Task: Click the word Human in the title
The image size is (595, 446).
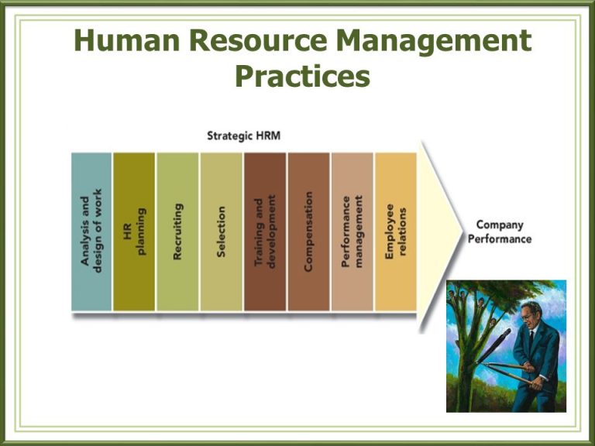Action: [127, 39]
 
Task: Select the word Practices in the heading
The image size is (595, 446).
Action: [302, 76]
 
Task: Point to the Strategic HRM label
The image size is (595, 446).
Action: [243, 136]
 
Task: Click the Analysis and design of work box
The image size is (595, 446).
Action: [91, 232]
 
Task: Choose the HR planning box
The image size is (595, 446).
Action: [134, 232]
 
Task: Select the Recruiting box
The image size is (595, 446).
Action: [177, 232]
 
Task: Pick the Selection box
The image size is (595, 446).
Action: [222, 232]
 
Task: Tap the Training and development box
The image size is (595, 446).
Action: [265, 232]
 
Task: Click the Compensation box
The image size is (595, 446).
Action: [308, 232]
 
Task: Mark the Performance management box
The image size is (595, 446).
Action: [353, 232]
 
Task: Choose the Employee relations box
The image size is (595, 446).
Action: [395, 232]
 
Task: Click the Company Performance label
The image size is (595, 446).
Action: [500, 232]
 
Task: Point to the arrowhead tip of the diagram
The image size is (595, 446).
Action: [463, 230]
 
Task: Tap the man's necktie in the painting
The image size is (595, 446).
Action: [531, 339]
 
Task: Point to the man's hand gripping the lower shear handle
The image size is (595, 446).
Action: [536, 386]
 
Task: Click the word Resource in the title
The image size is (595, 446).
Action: [258, 39]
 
